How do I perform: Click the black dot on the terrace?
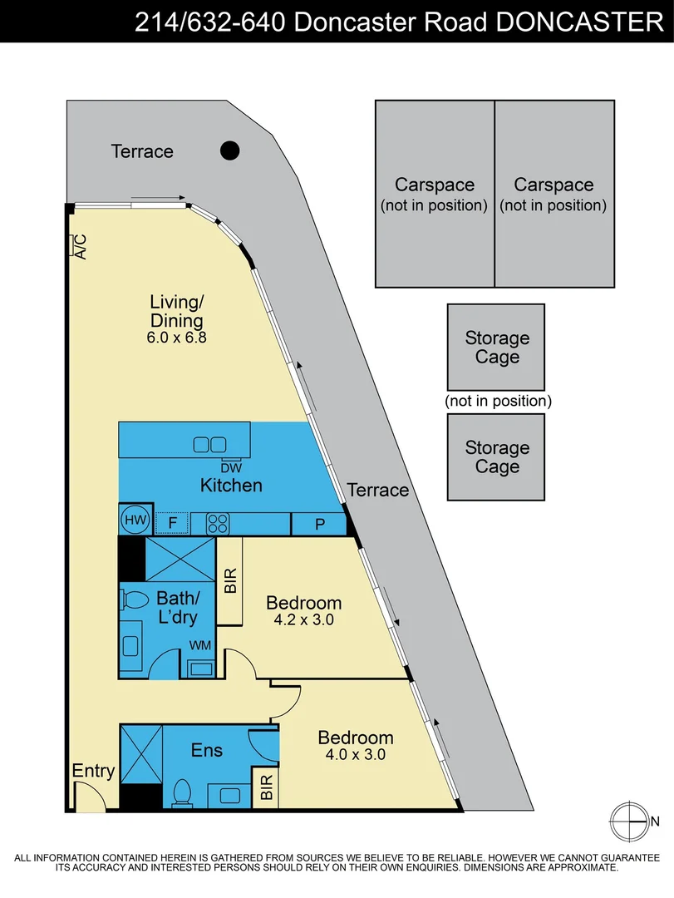pyautogui.click(x=229, y=150)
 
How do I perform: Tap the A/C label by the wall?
pyautogui.click(x=81, y=246)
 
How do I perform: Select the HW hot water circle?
pyautogui.click(x=135, y=520)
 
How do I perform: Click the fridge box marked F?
pyautogui.click(x=172, y=522)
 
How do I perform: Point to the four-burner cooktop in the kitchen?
pyautogui.click(x=218, y=524)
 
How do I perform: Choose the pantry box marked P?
pyautogui.click(x=319, y=524)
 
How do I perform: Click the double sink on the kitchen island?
pyautogui.click(x=209, y=444)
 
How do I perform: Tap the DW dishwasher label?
pyautogui.click(x=231, y=468)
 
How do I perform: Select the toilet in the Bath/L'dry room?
pyautogui.click(x=135, y=599)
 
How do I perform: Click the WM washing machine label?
pyautogui.click(x=199, y=645)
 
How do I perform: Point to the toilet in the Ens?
pyautogui.click(x=182, y=792)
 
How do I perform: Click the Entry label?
pyautogui.click(x=93, y=772)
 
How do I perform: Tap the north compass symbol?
pyautogui.click(x=630, y=822)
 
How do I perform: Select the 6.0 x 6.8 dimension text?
pyautogui.click(x=176, y=338)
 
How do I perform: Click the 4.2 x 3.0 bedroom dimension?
pyautogui.click(x=303, y=619)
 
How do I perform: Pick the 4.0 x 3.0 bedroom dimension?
pyautogui.click(x=355, y=754)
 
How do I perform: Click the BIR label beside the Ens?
pyautogui.click(x=266, y=787)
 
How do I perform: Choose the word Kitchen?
pyautogui.click(x=231, y=485)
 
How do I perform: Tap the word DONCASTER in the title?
pyautogui.click(x=579, y=22)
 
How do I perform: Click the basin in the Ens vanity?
pyautogui.click(x=229, y=795)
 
